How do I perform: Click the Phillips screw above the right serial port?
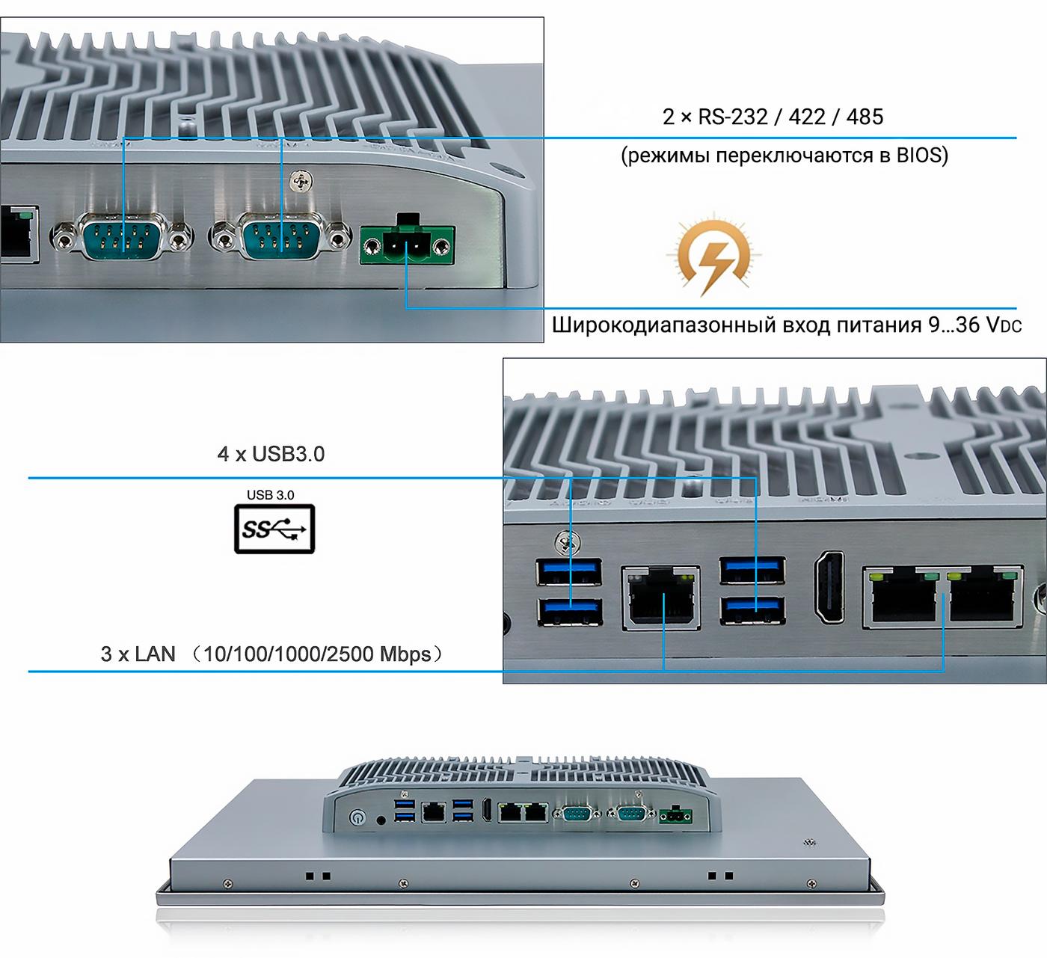coord(301,182)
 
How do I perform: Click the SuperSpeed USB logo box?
coord(274,529)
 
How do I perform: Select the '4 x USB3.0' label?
coord(271,454)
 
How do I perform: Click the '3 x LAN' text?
coord(138,654)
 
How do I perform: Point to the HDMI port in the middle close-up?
coord(829,587)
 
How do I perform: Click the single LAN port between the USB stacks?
coord(661,598)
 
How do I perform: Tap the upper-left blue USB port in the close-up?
coord(569,572)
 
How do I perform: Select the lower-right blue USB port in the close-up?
coord(752,611)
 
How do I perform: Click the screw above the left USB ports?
coord(569,541)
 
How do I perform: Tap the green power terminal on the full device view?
coord(676,815)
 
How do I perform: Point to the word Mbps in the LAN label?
coord(405,654)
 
